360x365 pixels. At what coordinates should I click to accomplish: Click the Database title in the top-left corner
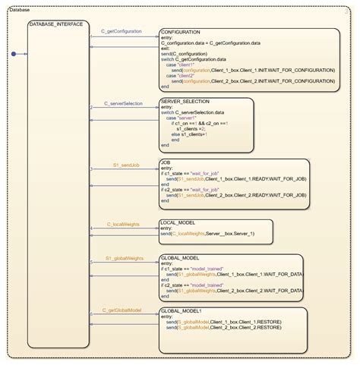pos(21,11)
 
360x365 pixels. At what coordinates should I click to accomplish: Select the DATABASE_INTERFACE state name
pos(55,24)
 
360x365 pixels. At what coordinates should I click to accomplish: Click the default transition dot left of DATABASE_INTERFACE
pos(14,54)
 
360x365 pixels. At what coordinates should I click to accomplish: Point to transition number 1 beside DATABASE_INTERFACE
pos(90,36)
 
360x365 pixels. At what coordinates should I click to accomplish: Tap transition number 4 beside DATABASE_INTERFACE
pos(90,228)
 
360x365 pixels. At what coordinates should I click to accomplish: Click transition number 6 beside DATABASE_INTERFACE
pos(90,313)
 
